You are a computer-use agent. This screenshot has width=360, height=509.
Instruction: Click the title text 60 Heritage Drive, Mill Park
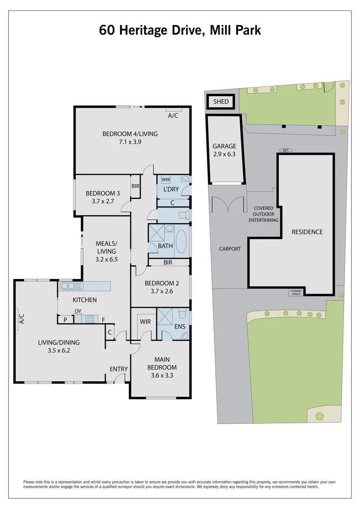[x=180, y=30]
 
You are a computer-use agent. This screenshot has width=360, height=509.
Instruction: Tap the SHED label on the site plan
[x=221, y=102]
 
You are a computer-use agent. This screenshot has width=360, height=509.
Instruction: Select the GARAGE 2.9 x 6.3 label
[x=224, y=150]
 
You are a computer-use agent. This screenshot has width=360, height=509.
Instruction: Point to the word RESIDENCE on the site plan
[x=307, y=232]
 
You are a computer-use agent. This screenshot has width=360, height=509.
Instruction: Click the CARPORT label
[x=230, y=248]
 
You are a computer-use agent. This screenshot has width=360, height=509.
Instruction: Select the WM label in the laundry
[x=165, y=180]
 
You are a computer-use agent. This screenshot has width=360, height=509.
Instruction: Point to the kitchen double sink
[x=71, y=286]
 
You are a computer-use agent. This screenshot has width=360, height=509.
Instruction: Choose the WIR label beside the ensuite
[x=145, y=322]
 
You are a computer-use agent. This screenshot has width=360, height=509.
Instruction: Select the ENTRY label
[x=117, y=369]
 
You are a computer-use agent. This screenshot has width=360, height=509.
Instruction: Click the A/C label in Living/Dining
[x=21, y=319]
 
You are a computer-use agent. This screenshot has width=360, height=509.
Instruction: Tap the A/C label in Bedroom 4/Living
[x=172, y=115]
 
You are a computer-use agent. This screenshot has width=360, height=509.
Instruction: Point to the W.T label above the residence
[x=286, y=150]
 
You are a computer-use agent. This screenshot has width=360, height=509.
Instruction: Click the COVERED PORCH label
[x=296, y=293]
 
